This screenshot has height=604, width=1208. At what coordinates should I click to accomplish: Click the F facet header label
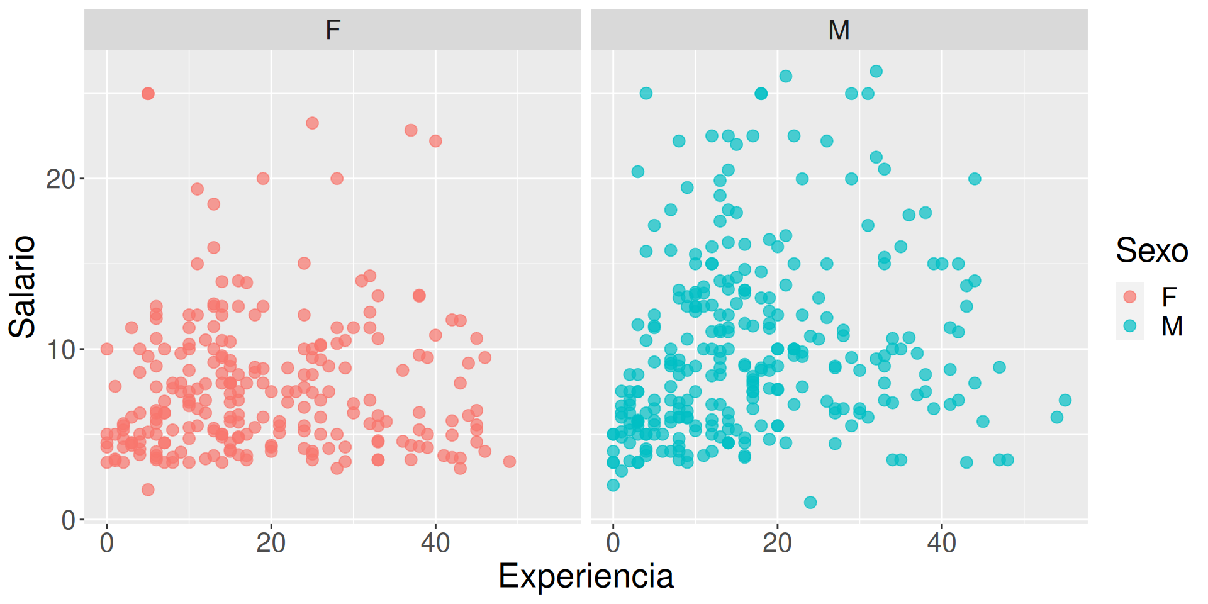(333, 30)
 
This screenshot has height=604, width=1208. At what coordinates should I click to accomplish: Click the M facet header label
(839, 30)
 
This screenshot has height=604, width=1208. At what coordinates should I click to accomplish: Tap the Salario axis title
(23, 286)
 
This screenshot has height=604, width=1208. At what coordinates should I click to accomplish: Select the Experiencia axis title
(585, 576)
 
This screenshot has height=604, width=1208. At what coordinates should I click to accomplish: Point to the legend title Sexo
(1151, 250)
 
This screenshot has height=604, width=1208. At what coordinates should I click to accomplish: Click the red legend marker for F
(1130, 296)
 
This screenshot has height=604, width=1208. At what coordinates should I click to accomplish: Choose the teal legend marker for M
(1130, 326)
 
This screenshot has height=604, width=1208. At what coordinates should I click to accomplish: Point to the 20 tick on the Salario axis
(60, 179)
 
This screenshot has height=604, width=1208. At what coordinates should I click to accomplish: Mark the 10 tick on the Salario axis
(60, 350)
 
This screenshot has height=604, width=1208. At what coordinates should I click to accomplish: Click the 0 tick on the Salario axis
(68, 520)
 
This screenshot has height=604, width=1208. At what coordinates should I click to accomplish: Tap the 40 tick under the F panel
(435, 542)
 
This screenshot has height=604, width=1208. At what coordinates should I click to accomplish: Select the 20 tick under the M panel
(777, 542)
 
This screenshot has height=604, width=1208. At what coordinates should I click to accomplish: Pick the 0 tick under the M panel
(613, 542)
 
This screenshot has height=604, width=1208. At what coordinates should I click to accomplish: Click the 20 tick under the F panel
(271, 542)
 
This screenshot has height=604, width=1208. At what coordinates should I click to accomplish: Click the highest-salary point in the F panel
(148, 94)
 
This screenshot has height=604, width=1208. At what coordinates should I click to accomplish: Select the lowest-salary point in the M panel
(810, 503)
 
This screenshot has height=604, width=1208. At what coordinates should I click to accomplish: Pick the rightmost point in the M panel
(1065, 400)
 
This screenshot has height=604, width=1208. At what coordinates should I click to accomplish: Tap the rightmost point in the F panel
(510, 462)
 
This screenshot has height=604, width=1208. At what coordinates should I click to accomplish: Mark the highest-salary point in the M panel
(876, 71)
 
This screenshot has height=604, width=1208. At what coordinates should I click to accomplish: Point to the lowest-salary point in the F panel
(148, 489)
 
